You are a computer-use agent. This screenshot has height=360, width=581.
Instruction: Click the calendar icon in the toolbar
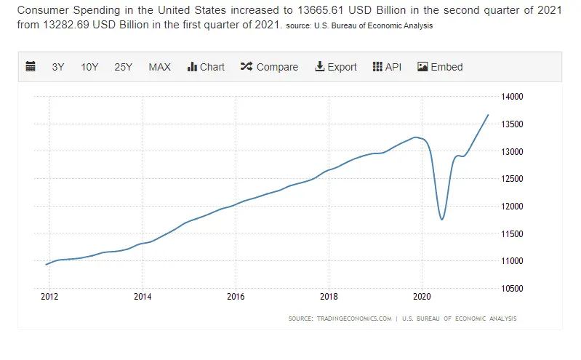pyautogui.click(x=31, y=67)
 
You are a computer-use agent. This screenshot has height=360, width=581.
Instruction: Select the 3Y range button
pyautogui.click(x=58, y=67)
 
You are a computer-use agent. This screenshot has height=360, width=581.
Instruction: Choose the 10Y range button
pyautogui.click(x=89, y=67)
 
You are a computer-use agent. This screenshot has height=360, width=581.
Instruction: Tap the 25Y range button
pyautogui.click(x=123, y=67)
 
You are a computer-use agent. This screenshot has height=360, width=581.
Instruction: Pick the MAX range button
pyautogui.click(x=159, y=67)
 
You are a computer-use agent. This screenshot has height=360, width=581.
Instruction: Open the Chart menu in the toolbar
pyautogui.click(x=206, y=67)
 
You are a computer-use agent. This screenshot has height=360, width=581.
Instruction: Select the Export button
pyautogui.click(x=335, y=67)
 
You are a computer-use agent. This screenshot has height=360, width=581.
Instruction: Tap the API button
pyautogui.click(x=387, y=67)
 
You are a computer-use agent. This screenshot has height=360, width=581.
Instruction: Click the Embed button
pyautogui.click(x=440, y=67)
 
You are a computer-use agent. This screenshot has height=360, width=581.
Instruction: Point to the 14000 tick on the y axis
pyautogui.click(x=513, y=97)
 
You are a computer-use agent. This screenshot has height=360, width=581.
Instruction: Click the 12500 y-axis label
pyautogui.click(x=513, y=179)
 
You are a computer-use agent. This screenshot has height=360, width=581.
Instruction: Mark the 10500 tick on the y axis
pyautogui.click(x=513, y=289)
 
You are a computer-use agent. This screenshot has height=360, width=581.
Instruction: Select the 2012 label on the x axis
pyautogui.click(x=49, y=297)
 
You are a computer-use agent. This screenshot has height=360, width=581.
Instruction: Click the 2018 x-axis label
pyautogui.click(x=329, y=297)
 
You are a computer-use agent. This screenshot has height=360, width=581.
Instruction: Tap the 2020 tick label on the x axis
pyautogui.click(x=422, y=297)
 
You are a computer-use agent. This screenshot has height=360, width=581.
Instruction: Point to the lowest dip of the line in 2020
pyautogui.click(x=441, y=219)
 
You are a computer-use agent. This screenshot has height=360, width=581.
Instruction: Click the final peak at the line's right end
pyautogui.click(x=488, y=115)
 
